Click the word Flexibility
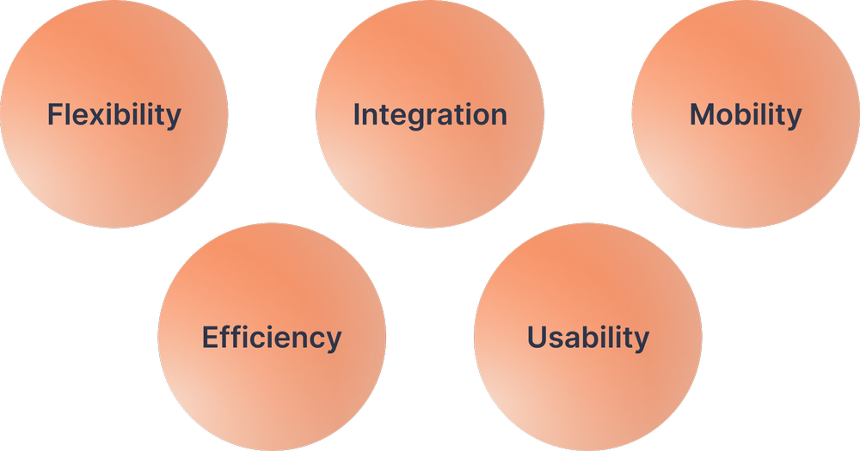tap(114, 114)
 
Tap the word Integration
tap(430, 114)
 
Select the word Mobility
tap(746, 114)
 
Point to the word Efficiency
tap(272, 338)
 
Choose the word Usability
tap(588, 338)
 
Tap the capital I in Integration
tap(357, 114)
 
